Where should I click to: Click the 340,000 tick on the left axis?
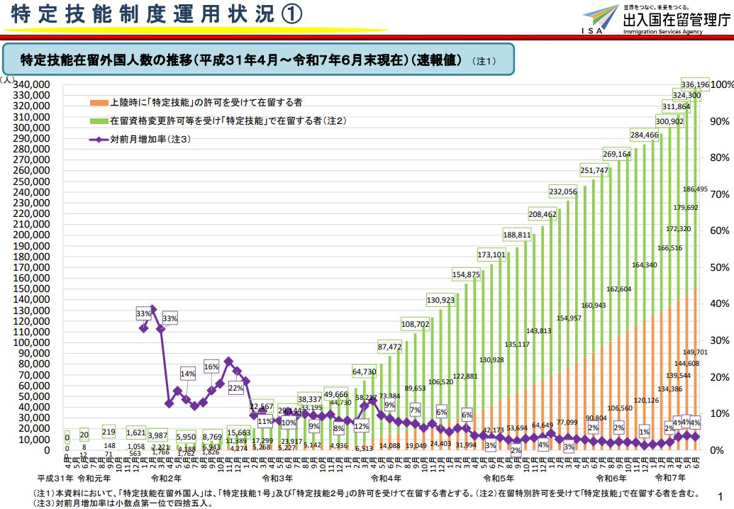coord(31,84)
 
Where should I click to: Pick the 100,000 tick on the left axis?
coord(31,342)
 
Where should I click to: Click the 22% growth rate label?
coord(235,388)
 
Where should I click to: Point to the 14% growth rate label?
coord(188,374)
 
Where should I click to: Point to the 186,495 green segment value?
coord(695,189)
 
